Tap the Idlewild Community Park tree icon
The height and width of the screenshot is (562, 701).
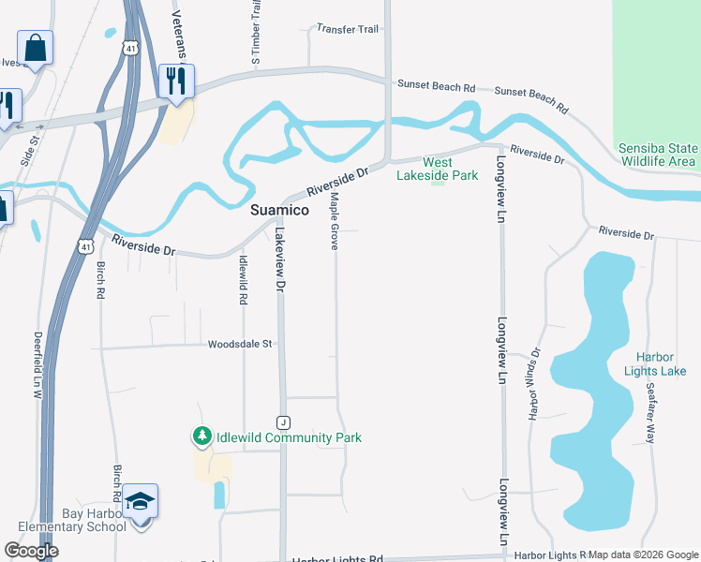(x=201, y=436)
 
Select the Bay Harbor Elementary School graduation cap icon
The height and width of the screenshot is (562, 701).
(x=140, y=502)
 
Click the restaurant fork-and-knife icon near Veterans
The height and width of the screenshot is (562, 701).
(x=175, y=81)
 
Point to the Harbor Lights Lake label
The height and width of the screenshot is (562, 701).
(x=661, y=363)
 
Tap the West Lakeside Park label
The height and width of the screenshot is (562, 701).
(x=437, y=169)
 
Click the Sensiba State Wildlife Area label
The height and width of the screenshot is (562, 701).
(x=657, y=155)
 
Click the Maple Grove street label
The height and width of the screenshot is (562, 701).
(x=334, y=223)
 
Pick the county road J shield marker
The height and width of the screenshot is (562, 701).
(x=282, y=421)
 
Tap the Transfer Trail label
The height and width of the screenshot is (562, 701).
(x=348, y=29)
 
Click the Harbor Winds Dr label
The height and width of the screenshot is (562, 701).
(x=535, y=384)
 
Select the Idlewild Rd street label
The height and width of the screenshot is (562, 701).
(x=243, y=280)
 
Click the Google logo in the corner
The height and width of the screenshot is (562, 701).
(x=31, y=551)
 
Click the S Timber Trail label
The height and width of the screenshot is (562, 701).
(x=255, y=33)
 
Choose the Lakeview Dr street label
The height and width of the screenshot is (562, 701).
(x=278, y=261)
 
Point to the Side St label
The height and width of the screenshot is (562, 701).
(x=31, y=149)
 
